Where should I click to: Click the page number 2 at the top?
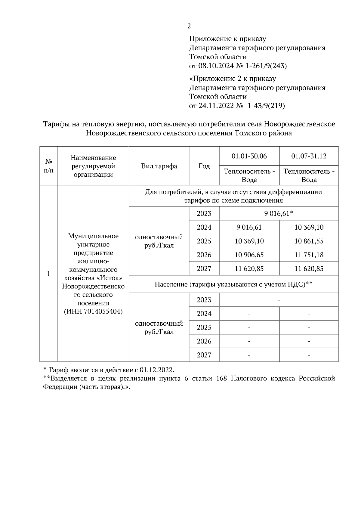pos(189,26)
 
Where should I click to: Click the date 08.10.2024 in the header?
pos(214,66)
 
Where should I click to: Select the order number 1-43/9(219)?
pos(266,106)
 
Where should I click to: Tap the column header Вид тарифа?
pos(159,166)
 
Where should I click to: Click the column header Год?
pos(204,166)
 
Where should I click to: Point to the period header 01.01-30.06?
pos(249,156)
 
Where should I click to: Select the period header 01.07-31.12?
pos(309,156)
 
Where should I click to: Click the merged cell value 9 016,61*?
pos(279,213)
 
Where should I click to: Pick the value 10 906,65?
pos(249,255)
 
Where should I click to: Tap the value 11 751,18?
pos(309,255)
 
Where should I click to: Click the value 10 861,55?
pos(309,241)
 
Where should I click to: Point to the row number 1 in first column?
pos(48,274)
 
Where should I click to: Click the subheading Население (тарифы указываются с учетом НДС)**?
pos(233,284)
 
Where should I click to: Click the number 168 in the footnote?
pos(221,379)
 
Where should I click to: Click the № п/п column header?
pos(49,166)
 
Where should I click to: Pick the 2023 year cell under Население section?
pos(204,300)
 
